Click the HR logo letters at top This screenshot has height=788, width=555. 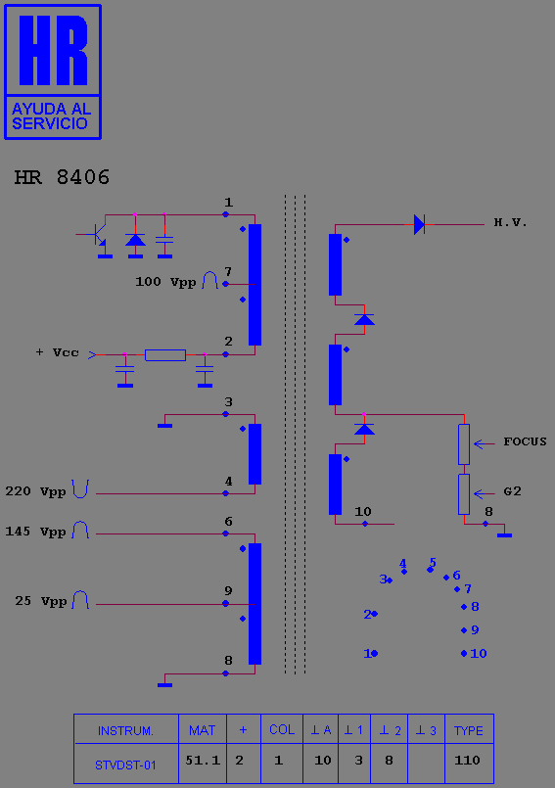(53, 50)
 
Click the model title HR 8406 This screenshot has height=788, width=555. (62, 177)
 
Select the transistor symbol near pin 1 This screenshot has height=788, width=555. (96, 234)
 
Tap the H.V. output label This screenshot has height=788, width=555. (510, 222)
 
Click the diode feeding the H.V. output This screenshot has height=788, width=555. (419, 224)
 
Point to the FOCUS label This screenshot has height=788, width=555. (525, 441)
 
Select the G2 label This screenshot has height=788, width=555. (512, 491)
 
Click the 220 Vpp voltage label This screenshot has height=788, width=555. (35, 491)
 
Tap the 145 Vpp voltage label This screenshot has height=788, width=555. (35, 532)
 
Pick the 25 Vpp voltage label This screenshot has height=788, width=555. (41, 601)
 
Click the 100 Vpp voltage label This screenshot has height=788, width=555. (165, 282)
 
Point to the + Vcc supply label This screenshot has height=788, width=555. (58, 352)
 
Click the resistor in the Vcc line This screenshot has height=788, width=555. (165, 354)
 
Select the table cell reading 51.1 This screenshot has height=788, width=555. (203, 761)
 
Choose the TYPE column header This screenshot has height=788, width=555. (469, 730)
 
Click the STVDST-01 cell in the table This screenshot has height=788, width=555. (125, 765)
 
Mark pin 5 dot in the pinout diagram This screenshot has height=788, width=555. (430, 570)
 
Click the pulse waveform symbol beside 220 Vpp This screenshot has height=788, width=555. (80, 489)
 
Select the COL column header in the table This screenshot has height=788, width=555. (282, 729)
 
